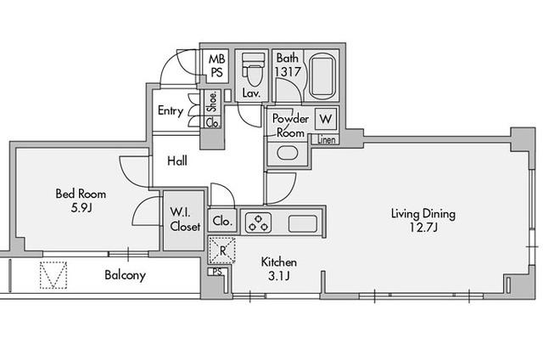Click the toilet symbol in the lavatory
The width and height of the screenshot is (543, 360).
coord(253,70)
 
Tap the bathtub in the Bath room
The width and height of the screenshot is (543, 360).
coord(322,76)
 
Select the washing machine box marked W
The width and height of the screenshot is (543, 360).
coord(326,119)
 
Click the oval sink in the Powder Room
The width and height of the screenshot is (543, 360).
coord(288,153)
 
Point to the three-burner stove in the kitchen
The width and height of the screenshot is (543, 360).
coord(258,222)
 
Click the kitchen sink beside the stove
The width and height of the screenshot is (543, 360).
coord(303,223)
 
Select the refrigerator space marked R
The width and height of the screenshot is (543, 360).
coord(222,250)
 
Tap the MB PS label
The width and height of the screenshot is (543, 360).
coord(217,65)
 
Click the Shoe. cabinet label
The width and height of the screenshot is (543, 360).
coord(212,102)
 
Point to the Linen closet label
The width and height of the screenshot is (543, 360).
coord(326,140)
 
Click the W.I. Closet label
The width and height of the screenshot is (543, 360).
coord(185,219)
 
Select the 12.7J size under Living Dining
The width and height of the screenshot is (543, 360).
coord(423,228)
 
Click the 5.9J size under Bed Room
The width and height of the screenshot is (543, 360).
coord(81,208)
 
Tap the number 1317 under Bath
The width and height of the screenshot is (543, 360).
coord(288,71)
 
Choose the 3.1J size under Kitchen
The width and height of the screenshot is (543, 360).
coord(279,276)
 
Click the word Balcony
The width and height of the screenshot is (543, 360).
coord(125,275)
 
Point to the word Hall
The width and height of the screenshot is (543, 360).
coord(177,160)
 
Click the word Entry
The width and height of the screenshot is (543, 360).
coord(171,111)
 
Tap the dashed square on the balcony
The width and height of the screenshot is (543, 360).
coord(53,275)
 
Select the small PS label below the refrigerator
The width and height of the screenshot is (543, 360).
coord(217,272)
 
